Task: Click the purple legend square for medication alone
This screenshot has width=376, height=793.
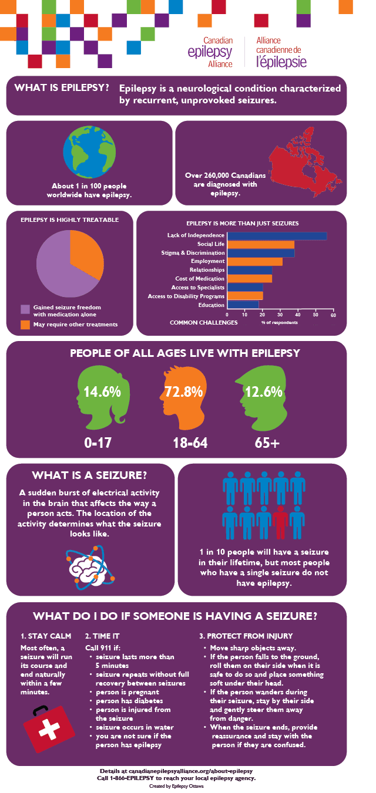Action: pyautogui.click(x=25, y=309)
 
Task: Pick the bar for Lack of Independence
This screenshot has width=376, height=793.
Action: pyautogui.click(x=277, y=236)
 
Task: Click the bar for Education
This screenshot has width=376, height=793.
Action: pyautogui.click(x=243, y=305)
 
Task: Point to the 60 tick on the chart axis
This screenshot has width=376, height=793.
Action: pyautogui.click(x=333, y=315)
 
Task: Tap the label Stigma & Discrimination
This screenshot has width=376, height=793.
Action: pyautogui.click(x=193, y=253)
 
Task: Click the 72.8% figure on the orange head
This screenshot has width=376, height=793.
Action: pyautogui.click(x=186, y=391)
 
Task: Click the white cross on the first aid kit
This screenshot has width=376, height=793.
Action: pyautogui.click(x=48, y=729)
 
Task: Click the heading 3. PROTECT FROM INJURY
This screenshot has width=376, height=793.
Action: pyautogui.click(x=247, y=636)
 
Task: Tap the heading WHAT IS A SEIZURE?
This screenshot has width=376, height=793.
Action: pyautogui.click(x=89, y=475)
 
